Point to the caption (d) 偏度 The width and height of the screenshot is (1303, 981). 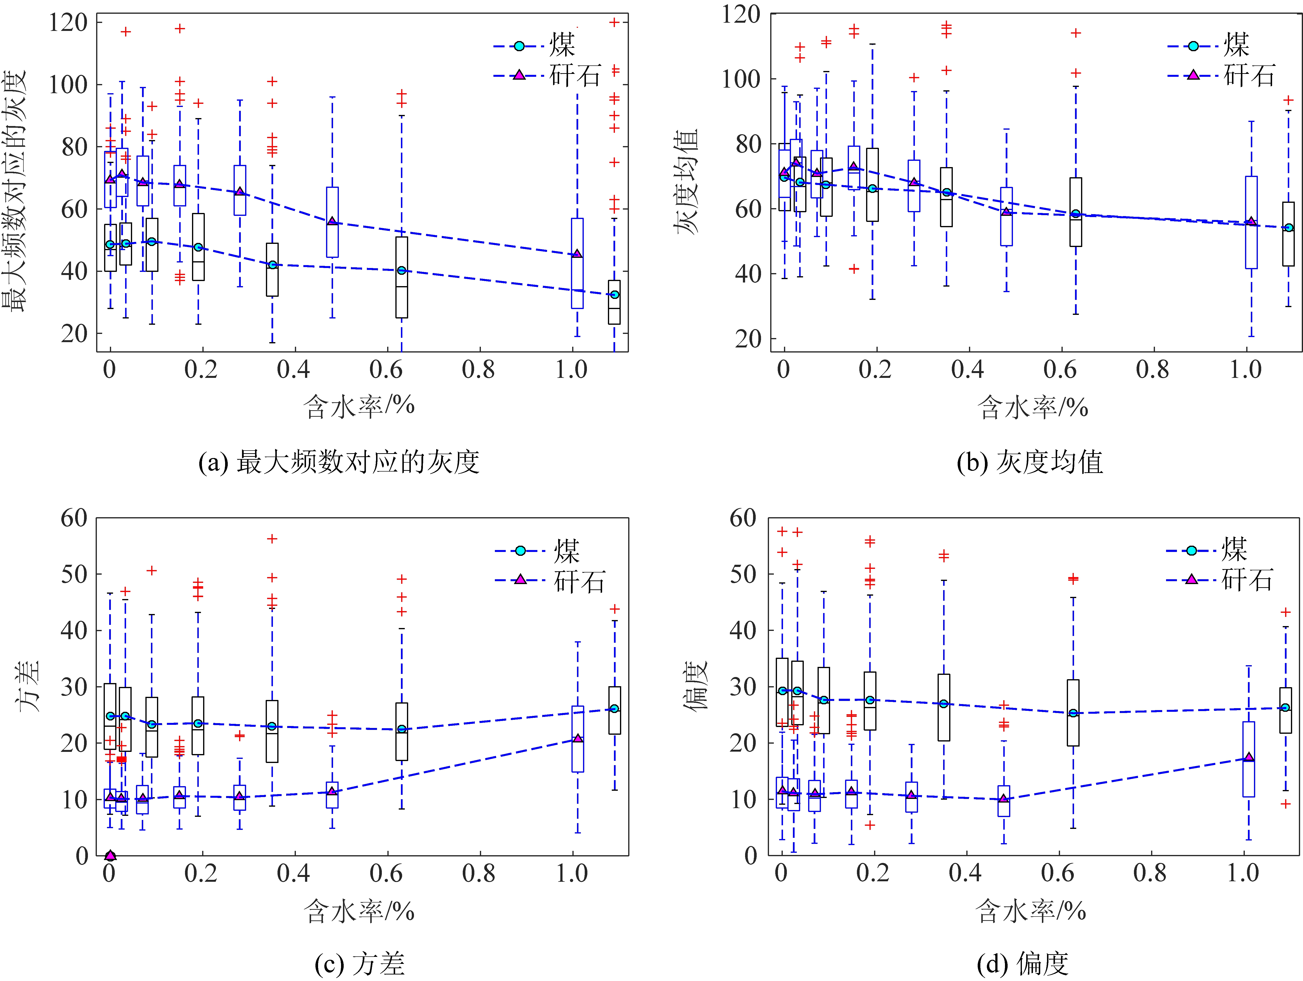(x=1023, y=964)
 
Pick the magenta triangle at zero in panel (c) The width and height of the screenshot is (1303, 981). (x=110, y=855)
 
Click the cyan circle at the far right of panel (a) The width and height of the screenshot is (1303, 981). (x=614, y=294)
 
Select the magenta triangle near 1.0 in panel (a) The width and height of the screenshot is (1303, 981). (x=577, y=254)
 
